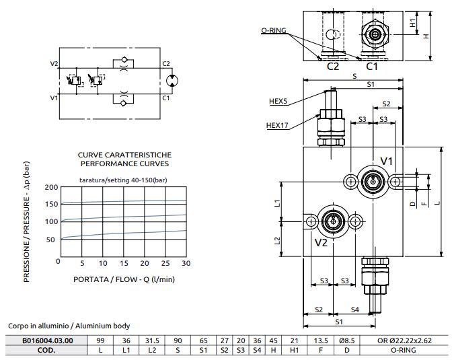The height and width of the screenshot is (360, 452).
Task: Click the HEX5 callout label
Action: point(278,102)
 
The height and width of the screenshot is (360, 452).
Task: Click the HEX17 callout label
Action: point(278,124)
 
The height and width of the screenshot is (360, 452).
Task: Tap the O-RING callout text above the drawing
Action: point(274,31)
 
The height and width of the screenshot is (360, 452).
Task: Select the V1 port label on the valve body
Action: point(387,161)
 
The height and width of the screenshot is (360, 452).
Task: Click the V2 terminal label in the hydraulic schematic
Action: point(54,64)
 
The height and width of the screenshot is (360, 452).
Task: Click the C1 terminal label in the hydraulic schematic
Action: point(165,98)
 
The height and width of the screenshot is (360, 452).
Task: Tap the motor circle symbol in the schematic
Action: point(173,80)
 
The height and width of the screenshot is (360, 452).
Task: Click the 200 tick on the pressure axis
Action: point(51,186)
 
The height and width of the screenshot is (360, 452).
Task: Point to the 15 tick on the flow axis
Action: point(124,262)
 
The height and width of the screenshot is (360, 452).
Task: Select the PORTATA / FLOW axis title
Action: point(124,279)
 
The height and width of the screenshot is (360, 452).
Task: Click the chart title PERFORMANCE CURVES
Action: point(124,164)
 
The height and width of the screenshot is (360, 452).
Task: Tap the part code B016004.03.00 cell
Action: point(46,340)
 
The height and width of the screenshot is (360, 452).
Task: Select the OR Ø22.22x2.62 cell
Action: point(402,340)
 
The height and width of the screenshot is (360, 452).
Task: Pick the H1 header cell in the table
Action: point(294,350)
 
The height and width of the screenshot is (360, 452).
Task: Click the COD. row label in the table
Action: point(46,350)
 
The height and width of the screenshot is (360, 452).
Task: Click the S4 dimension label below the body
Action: point(354,310)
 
